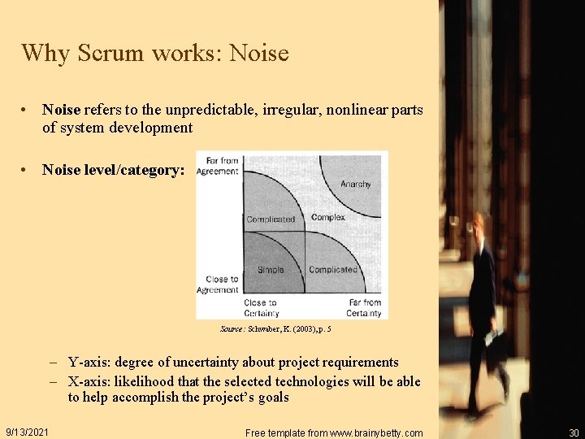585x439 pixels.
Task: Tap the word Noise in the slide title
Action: [259, 53]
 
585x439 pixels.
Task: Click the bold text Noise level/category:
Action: [114, 170]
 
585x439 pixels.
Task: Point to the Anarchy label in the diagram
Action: [355, 185]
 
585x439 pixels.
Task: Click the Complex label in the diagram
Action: [327, 217]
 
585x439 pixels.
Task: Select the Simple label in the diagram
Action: [271, 269]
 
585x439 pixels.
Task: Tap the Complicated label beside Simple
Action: [332, 269]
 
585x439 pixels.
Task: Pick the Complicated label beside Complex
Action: [271, 219]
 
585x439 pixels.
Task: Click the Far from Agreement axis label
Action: [218, 166]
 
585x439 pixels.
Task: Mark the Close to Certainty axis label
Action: [261, 308]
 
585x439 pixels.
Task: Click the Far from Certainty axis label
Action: [363, 308]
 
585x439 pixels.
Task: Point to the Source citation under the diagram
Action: [275, 329]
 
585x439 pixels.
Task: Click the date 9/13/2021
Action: [27, 432]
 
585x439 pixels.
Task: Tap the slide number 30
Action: [574, 432]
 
